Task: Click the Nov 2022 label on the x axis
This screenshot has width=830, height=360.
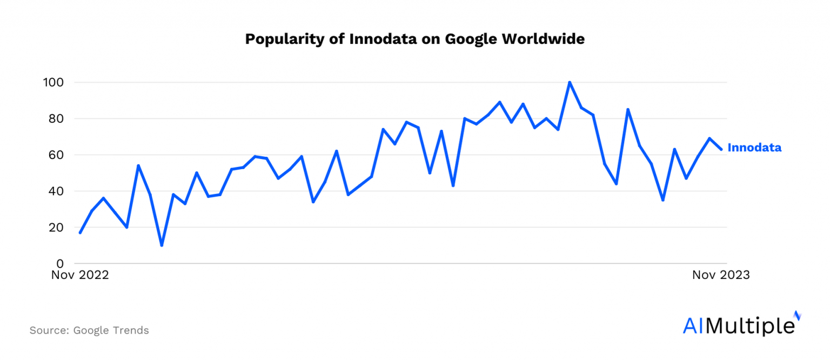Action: pos(80,275)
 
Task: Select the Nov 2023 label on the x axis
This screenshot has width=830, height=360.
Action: pos(721,275)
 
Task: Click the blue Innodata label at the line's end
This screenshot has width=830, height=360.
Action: pos(754,148)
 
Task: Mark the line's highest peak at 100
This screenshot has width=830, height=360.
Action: pos(570,83)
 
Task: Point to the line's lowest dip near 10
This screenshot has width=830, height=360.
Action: pos(162,245)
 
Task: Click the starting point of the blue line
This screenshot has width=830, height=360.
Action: pos(80,233)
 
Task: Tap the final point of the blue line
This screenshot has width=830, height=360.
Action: pos(721,150)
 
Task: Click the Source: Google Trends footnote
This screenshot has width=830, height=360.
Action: pos(89,330)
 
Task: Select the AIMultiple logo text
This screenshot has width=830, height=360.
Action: pos(739,326)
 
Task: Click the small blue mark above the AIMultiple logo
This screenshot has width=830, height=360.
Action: pos(798,315)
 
